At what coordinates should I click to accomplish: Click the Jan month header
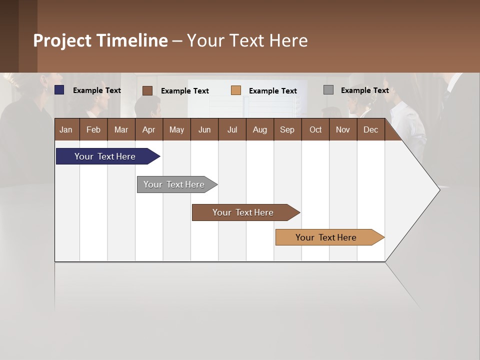pyautogui.click(x=66, y=129)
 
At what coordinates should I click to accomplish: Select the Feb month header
pyautogui.click(x=93, y=129)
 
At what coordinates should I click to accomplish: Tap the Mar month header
pyautogui.click(x=121, y=129)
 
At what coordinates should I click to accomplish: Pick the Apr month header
pyautogui.click(x=149, y=129)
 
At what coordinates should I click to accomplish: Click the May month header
pyautogui.click(x=176, y=129)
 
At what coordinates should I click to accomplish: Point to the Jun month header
pyautogui.click(x=204, y=129)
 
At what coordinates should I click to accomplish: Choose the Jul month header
pyautogui.click(x=232, y=129)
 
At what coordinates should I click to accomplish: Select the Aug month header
pyautogui.click(x=260, y=129)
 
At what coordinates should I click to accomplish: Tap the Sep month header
pyautogui.click(x=287, y=129)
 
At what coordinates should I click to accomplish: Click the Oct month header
pyautogui.click(x=315, y=129)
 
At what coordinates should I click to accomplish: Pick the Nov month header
pyautogui.click(x=343, y=129)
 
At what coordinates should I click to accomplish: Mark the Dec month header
pyautogui.click(x=371, y=129)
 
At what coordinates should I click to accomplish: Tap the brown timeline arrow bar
pyautogui.click(x=243, y=212)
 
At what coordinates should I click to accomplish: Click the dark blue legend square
pyautogui.click(x=59, y=90)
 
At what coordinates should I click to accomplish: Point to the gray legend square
pyautogui.click(x=328, y=90)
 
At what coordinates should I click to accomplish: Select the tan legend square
pyautogui.click(x=236, y=90)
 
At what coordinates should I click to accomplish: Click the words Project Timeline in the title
pyautogui.click(x=100, y=40)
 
